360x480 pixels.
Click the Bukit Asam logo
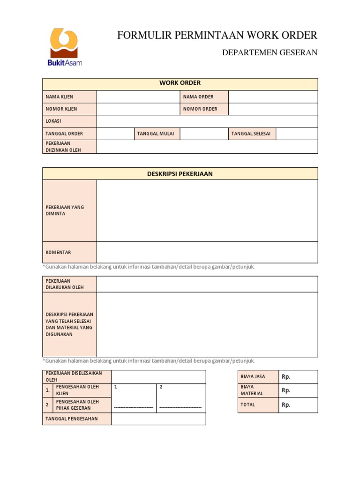[64, 47]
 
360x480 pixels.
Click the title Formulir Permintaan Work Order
[217, 35]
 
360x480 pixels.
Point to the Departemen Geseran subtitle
[270, 52]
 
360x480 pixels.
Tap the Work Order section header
[180, 83]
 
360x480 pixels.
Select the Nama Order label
[198, 97]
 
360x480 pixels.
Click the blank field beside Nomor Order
[273, 109]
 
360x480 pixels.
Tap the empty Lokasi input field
[207, 121]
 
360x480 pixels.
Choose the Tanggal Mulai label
[156, 134]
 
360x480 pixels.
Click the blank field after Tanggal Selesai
[297, 134]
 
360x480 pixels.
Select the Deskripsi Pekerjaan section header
[180, 174]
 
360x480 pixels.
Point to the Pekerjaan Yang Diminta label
[65, 210]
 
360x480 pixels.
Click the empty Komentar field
[207, 252]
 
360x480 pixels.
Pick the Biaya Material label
[252, 390]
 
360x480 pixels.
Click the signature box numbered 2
[180, 398]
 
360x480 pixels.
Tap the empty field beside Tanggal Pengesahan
[158, 419]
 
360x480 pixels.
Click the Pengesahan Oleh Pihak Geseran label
[77, 405]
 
